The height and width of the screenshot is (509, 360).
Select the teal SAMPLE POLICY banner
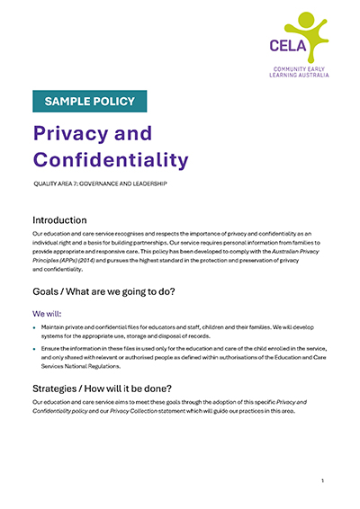(90, 101)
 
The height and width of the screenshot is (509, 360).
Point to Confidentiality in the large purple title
(111, 159)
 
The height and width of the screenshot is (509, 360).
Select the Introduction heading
(59, 219)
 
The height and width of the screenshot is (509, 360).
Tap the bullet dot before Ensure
(34, 347)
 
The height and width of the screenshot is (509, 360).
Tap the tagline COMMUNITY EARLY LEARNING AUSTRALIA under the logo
(301, 72)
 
